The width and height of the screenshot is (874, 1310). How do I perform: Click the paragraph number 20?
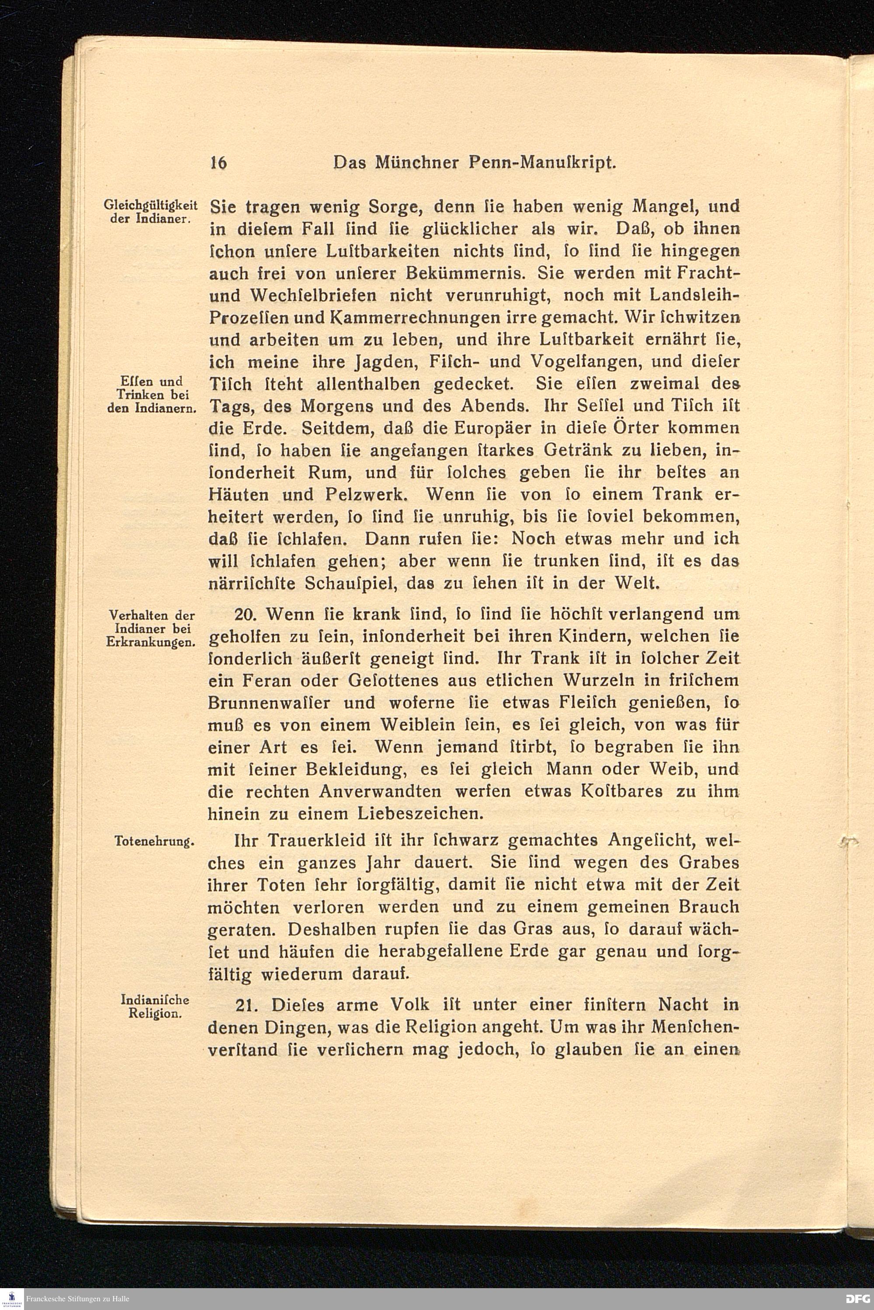245,614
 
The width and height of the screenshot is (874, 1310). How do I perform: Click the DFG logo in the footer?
857,1298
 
